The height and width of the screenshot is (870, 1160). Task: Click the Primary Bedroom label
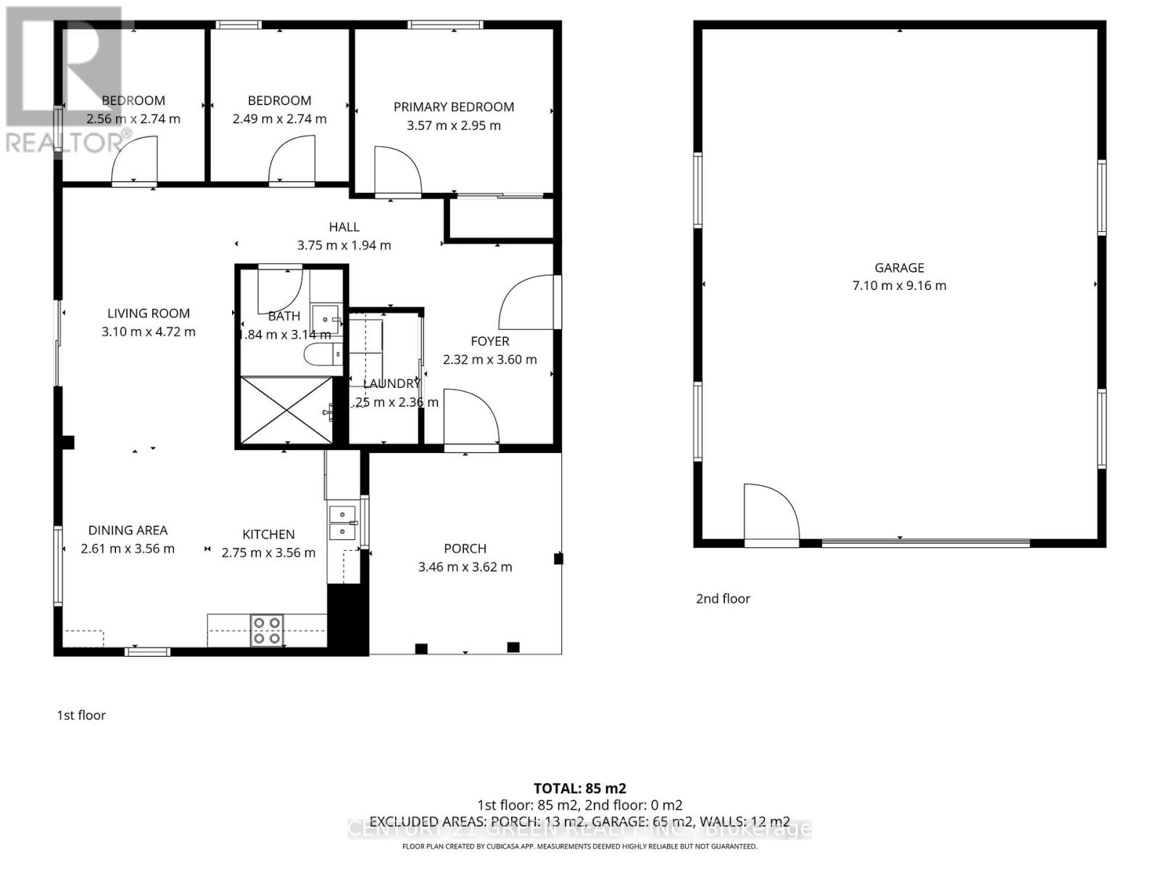click(x=453, y=107)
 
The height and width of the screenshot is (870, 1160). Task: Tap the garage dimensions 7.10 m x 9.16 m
click(x=899, y=286)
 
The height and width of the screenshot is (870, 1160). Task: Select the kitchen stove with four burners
click(x=267, y=630)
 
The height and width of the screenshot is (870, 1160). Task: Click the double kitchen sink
click(x=342, y=523)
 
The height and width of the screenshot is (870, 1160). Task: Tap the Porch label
click(x=465, y=549)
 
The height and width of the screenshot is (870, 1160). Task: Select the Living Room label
click(x=149, y=313)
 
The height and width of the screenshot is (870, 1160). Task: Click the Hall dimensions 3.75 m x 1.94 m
click(x=344, y=245)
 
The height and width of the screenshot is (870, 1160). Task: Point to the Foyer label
click(x=490, y=341)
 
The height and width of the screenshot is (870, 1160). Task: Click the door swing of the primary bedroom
click(x=397, y=171)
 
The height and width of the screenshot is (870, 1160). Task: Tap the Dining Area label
click(x=128, y=530)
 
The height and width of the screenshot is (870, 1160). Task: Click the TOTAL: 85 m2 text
click(x=579, y=788)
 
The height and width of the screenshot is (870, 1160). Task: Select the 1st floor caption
click(x=81, y=715)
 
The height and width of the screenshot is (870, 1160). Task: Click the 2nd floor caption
click(x=723, y=598)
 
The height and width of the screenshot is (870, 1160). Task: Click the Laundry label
click(x=391, y=384)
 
